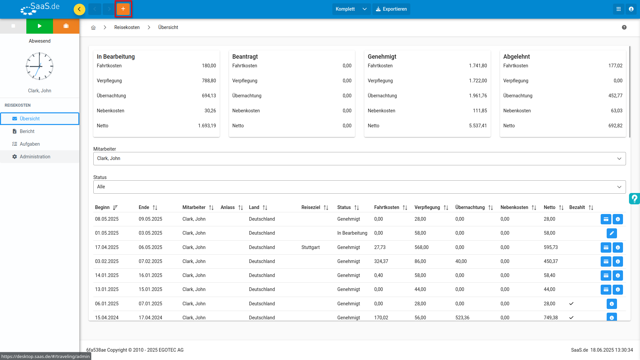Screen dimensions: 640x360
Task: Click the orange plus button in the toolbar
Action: [123, 9]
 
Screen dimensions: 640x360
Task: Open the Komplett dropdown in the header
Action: [351, 9]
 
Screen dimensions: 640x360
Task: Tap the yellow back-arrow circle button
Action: [79, 9]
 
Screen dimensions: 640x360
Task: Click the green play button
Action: [40, 26]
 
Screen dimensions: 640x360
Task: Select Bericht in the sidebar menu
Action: [27, 131]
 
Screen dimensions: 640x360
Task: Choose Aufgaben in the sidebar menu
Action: [30, 144]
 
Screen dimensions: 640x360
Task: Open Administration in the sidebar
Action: [35, 157]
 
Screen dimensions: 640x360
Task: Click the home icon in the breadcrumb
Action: [93, 28]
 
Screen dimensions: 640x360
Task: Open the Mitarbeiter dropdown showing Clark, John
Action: [359, 159]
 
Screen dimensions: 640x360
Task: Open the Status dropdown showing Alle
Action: [359, 187]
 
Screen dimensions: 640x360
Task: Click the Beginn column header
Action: [102, 207]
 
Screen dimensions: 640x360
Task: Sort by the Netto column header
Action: [549, 207]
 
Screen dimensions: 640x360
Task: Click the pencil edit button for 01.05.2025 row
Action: [612, 233]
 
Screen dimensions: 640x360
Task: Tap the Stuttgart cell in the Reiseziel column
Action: [310, 247]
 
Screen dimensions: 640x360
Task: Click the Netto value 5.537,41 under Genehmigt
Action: [478, 126]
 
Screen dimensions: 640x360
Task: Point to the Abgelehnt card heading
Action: [516, 57]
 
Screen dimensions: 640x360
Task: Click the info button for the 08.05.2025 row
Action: [618, 219]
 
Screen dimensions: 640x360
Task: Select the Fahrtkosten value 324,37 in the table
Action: [381, 261]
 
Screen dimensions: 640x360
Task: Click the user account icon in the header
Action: [631, 9]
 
